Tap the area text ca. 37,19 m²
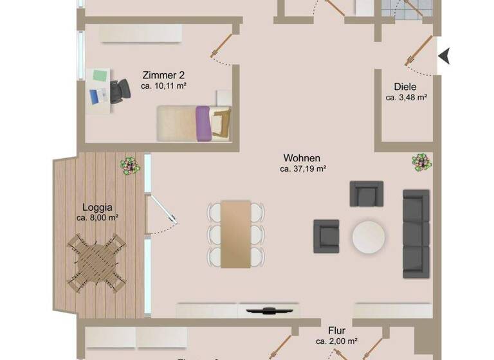point(304,170)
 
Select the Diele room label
point(406,87)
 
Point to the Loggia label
point(98,207)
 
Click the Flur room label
point(336,331)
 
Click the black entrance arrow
point(444,57)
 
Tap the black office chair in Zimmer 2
point(119,92)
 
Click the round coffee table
point(369,236)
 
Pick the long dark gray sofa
point(416,230)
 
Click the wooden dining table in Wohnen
point(236,233)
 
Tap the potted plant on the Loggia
point(131,165)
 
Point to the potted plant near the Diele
point(421,162)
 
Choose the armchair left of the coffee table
point(326,236)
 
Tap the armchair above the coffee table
point(366,194)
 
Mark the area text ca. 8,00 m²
point(97,218)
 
